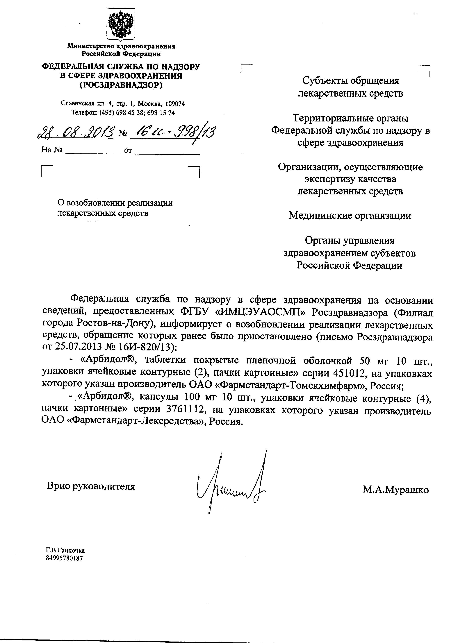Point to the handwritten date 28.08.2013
click(x=76, y=132)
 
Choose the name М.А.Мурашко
click(x=395, y=490)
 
